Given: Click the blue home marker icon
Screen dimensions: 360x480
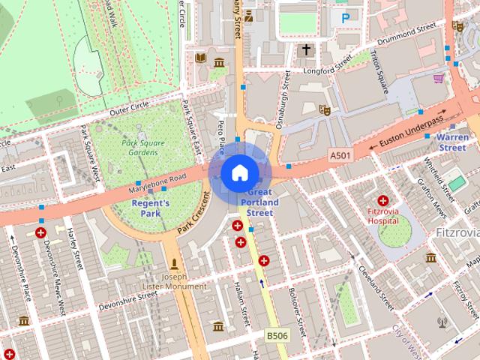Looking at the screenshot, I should (238, 173).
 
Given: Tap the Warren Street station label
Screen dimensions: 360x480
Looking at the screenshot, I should (452, 142).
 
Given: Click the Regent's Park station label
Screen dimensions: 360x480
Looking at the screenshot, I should (151, 208).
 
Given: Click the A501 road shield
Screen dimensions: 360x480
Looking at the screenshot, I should (340, 154).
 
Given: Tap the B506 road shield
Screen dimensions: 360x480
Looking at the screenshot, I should (276, 334).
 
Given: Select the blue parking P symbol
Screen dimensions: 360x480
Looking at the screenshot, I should (345, 17).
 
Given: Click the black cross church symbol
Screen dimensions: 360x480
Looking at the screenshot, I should (304, 50).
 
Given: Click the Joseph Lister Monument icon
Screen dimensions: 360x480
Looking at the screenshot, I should (175, 263).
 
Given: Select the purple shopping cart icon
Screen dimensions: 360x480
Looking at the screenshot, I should (438, 77).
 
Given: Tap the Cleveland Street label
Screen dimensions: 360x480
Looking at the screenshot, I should (375, 288).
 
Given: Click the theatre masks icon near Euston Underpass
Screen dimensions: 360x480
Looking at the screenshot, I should (325, 110).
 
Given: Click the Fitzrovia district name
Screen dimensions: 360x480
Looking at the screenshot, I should (457, 233).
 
